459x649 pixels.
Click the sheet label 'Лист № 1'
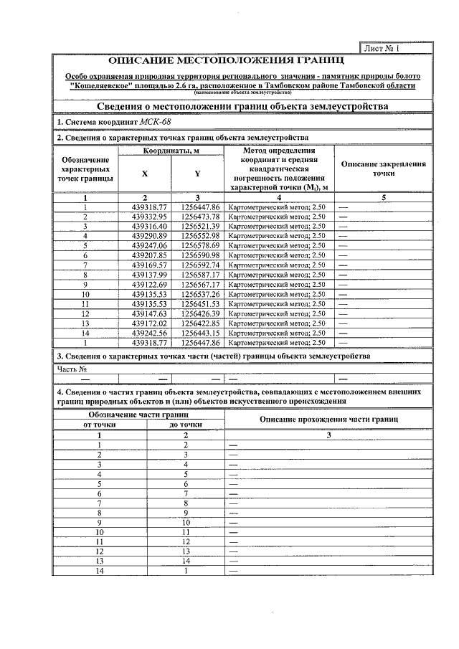382,49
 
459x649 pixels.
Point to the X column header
145,174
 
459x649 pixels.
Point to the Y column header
197,174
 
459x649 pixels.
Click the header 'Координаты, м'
171,151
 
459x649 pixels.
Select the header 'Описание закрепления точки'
384,169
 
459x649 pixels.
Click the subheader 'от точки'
100,425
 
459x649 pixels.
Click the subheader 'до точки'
185,425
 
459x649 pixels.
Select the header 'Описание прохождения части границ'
328,419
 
